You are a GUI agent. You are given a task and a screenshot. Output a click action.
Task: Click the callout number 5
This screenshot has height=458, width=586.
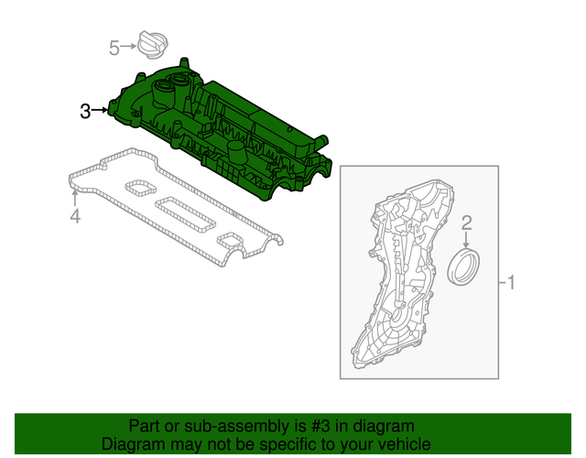(x=114, y=47)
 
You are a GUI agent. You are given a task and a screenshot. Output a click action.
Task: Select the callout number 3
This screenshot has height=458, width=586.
(x=85, y=111)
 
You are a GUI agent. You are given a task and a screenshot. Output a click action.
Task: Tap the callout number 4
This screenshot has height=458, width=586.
(x=75, y=216)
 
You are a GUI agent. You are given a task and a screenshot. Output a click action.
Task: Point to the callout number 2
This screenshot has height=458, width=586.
(x=466, y=223)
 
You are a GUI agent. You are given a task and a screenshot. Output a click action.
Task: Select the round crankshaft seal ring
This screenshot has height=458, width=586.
(x=462, y=267)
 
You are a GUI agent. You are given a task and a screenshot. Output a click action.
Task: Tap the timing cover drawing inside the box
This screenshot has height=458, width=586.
(x=403, y=275)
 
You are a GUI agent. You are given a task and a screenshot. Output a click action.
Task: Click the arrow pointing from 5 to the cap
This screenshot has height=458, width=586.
(x=129, y=46)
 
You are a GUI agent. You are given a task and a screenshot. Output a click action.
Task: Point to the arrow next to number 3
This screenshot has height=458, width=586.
(x=100, y=111)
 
